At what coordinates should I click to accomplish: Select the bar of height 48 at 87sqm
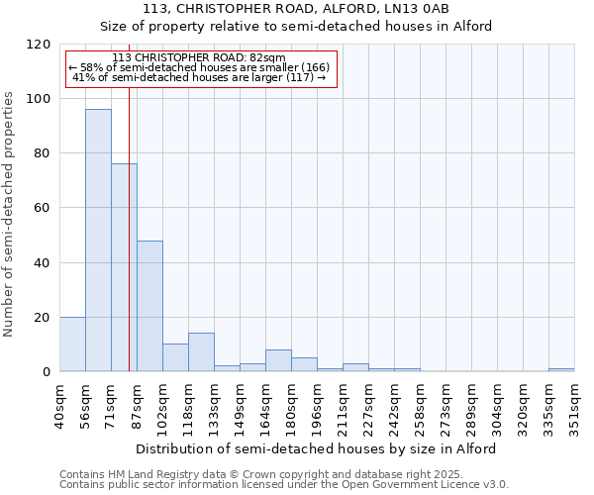(149, 306)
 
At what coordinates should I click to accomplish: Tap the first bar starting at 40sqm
(72, 345)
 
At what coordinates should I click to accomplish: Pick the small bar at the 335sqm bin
(561, 369)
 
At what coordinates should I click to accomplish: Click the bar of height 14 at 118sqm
(201, 352)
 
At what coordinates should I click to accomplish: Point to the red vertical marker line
(129, 247)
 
